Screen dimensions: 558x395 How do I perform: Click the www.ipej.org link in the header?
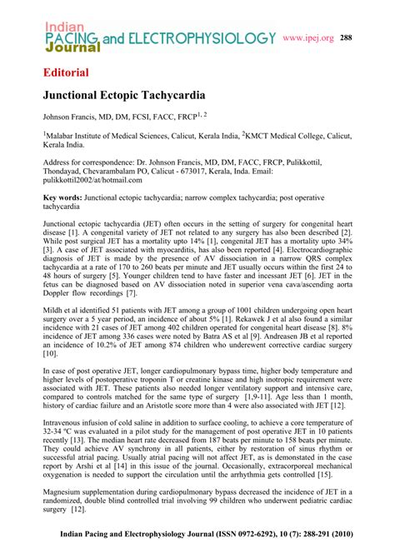click(308, 37)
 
